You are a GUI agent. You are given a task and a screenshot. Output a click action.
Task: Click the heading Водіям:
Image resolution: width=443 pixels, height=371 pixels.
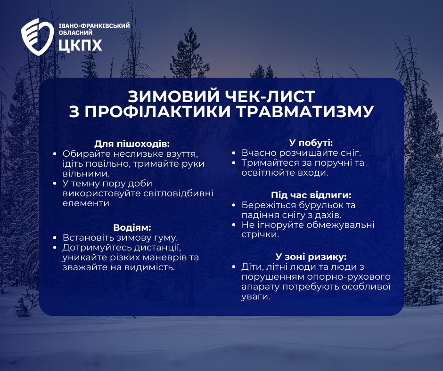coord(132,227)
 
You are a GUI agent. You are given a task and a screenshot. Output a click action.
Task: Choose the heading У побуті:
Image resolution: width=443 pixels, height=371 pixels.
coord(311,142)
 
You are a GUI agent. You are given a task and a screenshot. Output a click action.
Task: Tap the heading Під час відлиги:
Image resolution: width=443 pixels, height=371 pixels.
coord(311,194)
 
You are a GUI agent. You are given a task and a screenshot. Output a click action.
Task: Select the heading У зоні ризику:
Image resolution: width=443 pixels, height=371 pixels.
coord(311,257)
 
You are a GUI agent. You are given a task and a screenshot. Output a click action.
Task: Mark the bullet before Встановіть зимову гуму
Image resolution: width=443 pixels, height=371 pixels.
coord(56,238)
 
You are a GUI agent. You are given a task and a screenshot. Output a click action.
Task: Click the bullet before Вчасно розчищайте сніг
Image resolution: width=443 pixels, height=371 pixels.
coord(234,153)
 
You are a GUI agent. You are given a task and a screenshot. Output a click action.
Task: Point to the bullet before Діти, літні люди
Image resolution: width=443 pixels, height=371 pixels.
coord(234,267)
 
